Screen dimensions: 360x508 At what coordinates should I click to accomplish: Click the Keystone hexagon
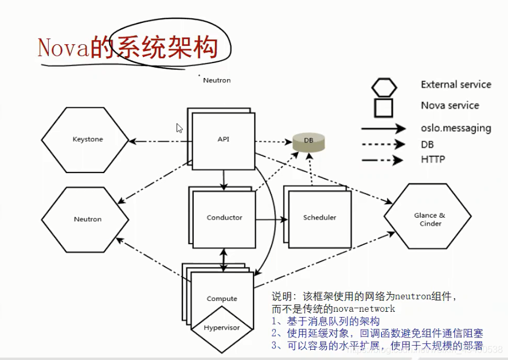(88, 139)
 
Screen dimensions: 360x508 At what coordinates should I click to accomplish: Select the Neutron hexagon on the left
(87, 219)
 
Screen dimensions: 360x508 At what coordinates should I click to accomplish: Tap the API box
(223, 139)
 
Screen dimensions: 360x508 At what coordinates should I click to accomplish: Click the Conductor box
(224, 218)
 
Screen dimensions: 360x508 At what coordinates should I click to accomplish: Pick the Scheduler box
(319, 218)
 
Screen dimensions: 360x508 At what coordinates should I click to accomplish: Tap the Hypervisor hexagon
(222, 328)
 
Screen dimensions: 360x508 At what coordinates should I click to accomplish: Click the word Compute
(222, 299)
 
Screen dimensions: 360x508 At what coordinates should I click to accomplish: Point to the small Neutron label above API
(217, 80)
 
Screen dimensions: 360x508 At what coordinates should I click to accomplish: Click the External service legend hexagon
(384, 86)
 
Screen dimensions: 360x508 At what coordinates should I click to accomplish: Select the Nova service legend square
(384, 107)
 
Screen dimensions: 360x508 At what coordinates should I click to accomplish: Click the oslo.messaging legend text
(456, 128)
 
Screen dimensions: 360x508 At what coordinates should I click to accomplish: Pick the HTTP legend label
(433, 160)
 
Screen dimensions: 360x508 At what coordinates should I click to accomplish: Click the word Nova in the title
(63, 48)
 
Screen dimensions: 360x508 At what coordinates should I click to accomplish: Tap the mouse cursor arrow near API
(179, 128)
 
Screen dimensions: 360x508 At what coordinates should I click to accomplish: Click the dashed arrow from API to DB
(273, 141)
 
